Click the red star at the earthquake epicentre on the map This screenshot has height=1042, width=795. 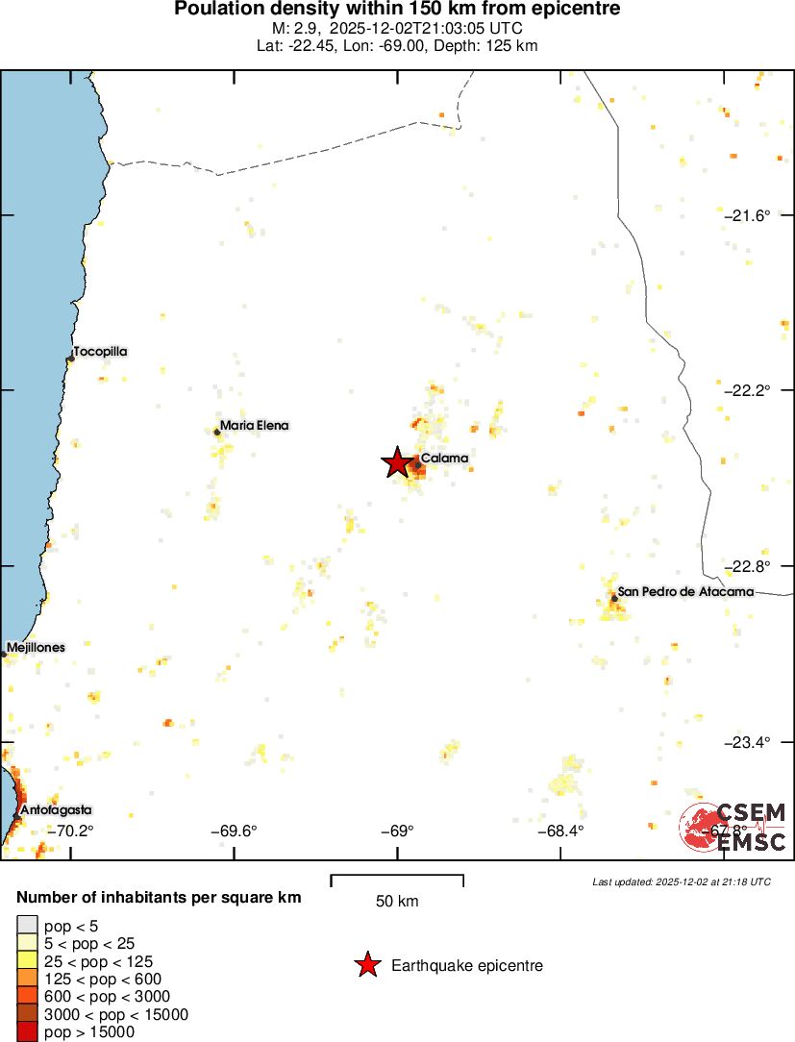[x=397, y=463]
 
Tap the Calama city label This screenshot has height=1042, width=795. [x=445, y=459]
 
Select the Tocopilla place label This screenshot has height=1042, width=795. [x=100, y=352]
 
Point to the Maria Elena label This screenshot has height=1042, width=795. [x=254, y=425]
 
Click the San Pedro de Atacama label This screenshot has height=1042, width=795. [x=685, y=591]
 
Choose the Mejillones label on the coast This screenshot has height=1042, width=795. [x=36, y=647]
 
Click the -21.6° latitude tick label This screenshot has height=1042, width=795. [x=747, y=215]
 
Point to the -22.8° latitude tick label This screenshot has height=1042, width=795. [x=747, y=565]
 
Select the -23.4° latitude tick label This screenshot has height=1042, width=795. [x=747, y=741]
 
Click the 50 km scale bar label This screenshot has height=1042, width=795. [x=396, y=902]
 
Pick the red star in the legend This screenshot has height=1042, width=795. [x=367, y=965]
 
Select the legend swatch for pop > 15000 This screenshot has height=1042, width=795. [x=28, y=1032]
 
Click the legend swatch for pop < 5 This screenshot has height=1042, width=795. [x=28, y=925]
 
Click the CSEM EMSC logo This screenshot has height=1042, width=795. [x=733, y=827]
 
